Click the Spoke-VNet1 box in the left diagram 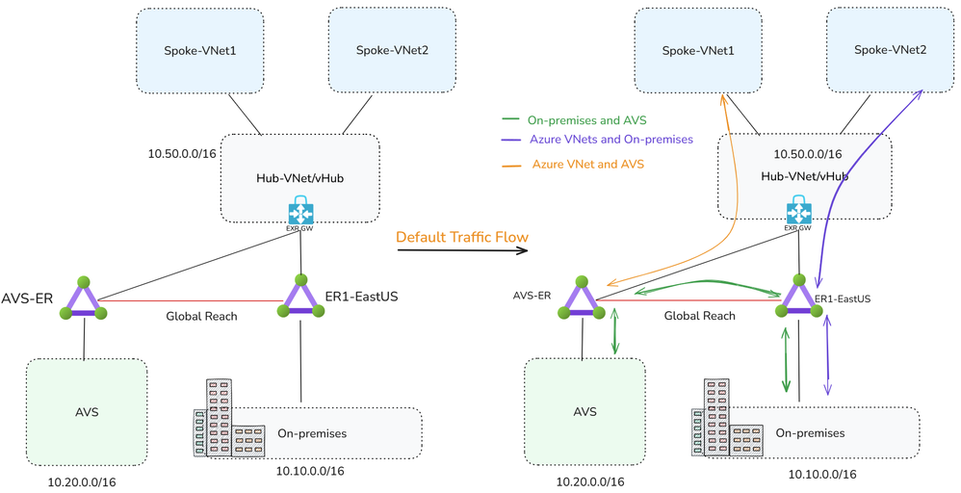(200, 50)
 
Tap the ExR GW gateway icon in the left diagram (302, 213)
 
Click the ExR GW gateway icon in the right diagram (798, 212)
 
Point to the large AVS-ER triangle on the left (83, 299)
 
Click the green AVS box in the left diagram (87, 412)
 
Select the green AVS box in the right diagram (584, 412)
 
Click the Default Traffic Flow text (461, 237)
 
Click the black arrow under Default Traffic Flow (462, 251)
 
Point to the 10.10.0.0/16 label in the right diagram (822, 474)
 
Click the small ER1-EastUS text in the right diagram (843, 299)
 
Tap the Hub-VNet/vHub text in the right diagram (804, 176)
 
